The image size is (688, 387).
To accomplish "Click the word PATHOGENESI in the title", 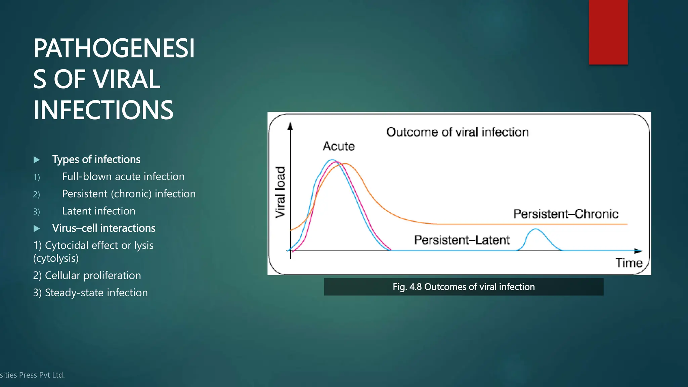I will click(114, 48).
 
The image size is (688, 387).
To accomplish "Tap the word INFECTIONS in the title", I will click(103, 110).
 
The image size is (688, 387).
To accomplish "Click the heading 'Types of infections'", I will click(96, 159).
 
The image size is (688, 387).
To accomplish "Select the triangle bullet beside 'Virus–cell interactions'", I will click(37, 229).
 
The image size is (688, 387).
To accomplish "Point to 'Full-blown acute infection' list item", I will click(123, 176).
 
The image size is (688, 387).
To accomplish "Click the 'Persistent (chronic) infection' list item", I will click(129, 194).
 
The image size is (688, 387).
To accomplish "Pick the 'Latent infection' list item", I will click(98, 211).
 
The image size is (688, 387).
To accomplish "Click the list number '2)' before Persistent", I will click(36, 195).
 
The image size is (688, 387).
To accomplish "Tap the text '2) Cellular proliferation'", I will click(87, 275).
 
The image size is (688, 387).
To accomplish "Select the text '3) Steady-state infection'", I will click(90, 293).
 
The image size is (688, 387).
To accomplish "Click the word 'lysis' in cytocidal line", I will click(143, 246).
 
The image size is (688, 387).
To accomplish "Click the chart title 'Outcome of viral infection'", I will click(457, 132).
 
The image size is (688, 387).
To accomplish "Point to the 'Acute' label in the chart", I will click(339, 146).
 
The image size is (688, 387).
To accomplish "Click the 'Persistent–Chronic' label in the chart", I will click(566, 214).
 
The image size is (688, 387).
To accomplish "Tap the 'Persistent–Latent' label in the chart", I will click(462, 240).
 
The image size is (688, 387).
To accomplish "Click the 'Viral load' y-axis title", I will click(280, 192).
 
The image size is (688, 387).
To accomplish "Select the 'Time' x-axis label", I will click(629, 263).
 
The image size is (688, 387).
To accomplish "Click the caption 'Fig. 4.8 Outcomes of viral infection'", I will click(464, 287).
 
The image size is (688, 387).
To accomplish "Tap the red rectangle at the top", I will click(608, 32).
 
